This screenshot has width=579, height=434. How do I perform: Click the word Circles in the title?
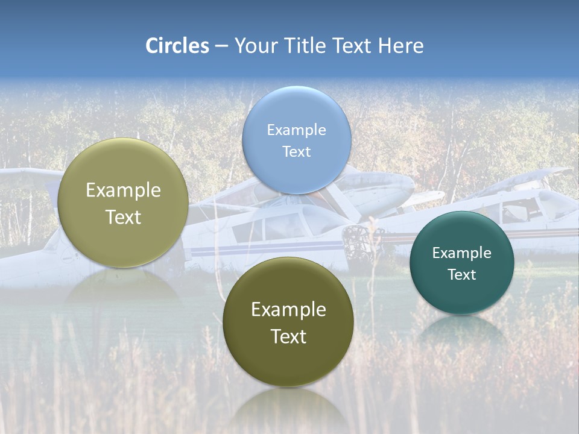tap(177, 46)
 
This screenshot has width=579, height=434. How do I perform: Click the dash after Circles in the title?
tap(221, 46)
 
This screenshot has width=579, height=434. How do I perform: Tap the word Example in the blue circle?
tap(296, 130)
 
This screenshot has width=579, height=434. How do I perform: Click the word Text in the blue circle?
tap(296, 151)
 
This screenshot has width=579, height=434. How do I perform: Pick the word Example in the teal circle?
tap(461, 253)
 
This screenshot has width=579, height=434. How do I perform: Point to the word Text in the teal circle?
tap(461, 274)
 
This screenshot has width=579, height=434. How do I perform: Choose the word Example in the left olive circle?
tap(123, 190)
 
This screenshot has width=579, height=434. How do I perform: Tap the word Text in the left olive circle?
tap(123, 217)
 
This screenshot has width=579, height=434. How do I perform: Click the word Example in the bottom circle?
tap(288, 309)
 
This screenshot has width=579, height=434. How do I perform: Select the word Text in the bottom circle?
tap(288, 336)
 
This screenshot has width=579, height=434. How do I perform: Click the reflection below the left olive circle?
tap(123, 287)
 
